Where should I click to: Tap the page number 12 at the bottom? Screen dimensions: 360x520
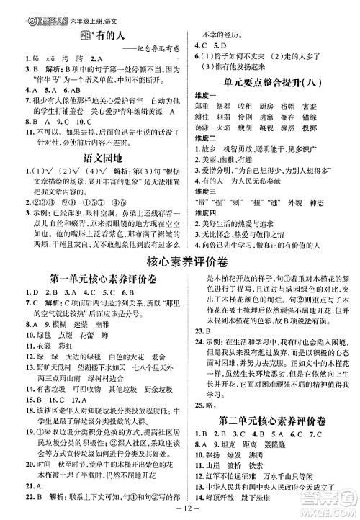(179, 511)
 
